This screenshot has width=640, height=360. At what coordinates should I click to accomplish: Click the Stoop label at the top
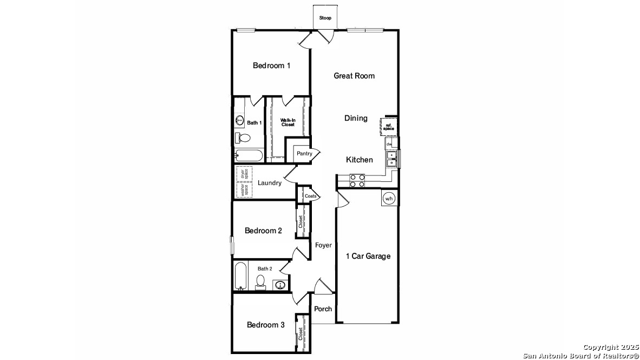[325, 18]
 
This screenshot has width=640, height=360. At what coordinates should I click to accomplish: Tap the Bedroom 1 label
[271, 66]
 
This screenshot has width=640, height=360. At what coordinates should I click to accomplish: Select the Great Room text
[354, 75]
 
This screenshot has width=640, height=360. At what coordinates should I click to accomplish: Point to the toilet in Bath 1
[243, 138]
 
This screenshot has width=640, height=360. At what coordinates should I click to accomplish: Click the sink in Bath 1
[239, 121]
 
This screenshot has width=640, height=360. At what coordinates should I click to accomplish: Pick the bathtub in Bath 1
[249, 155]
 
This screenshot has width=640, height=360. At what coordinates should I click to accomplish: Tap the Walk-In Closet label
[288, 122]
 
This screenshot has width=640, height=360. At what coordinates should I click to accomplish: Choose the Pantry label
[304, 153]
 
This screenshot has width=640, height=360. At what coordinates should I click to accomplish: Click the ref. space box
[389, 127]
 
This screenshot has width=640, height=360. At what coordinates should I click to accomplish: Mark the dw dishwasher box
[389, 143]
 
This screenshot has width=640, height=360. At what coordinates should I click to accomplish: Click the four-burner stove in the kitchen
[357, 181]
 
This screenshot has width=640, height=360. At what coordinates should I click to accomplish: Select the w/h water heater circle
[389, 199]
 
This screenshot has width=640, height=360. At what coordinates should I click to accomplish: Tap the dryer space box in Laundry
[245, 174]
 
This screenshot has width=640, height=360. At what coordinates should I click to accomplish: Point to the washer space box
[245, 190]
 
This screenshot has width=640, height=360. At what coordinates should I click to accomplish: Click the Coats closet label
[311, 196]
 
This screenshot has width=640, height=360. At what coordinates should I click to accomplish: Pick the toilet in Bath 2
[260, 282]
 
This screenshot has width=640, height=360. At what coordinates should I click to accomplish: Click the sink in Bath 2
[280, 285]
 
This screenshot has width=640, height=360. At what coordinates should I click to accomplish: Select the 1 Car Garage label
[368, 256]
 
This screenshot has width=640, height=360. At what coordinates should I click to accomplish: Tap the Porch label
[323, 309]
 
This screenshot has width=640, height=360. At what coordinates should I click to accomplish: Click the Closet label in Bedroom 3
[301, 334]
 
